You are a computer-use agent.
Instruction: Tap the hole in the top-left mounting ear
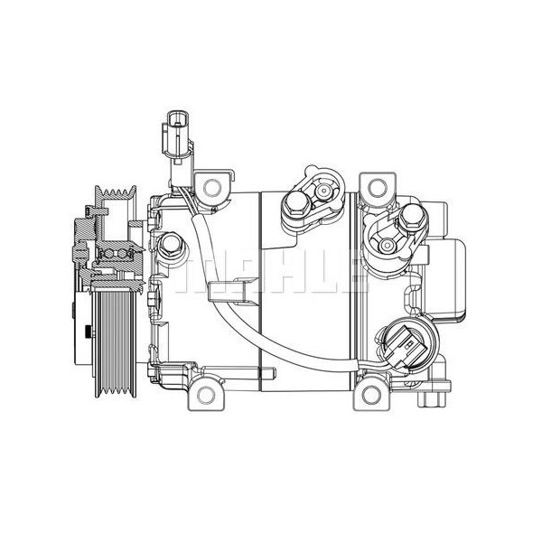(213, 188)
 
